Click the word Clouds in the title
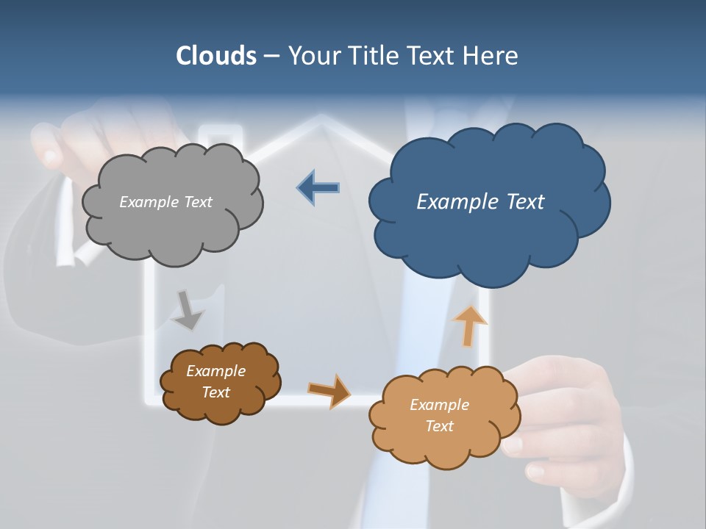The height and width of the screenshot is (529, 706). [x=216, y=56]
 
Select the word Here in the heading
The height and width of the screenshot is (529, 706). [x=491, y=56]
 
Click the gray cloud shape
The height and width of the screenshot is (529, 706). [x=172, y=228]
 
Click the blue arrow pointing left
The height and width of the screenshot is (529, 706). [x=318, y=188]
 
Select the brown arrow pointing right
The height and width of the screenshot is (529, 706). [x=329, y=390]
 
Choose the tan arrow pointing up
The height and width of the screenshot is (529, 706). [x=469, y=325]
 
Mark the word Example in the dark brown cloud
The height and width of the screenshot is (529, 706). [x=215, y=371]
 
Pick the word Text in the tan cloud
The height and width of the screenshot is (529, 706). [x=439, y=426]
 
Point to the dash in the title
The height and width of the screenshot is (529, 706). [x=271, y=56]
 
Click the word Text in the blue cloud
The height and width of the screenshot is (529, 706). [x=525, y=201]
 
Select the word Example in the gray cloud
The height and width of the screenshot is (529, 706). [x=148, y=201]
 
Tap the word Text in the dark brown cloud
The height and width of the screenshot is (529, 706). [x=215, y=392]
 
